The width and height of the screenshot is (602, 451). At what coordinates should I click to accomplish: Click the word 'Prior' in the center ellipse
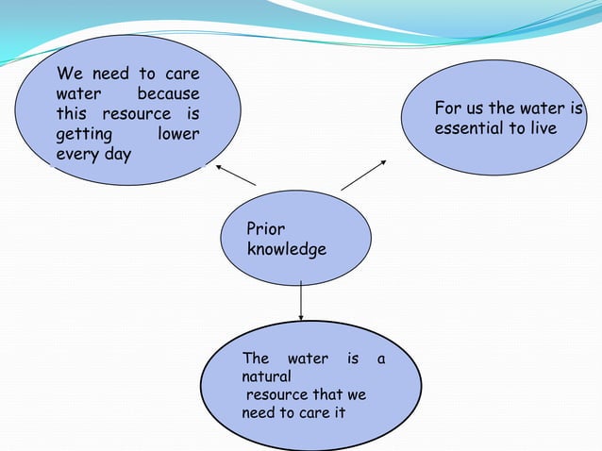click(265, 229)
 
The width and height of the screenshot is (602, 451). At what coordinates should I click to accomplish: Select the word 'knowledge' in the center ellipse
click(286, 250)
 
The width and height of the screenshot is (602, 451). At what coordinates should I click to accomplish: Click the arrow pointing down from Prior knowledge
click(301, 301)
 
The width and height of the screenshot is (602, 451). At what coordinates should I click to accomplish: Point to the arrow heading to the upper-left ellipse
click(236, 175)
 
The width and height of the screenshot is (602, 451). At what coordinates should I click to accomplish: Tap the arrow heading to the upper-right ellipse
click(364, 175)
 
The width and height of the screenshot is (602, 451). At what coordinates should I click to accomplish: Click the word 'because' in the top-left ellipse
click(168, 94)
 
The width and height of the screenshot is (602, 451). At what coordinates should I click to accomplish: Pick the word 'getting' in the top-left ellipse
click(84, 134)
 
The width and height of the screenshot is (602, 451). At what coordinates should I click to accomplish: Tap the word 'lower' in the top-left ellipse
click(178, 134)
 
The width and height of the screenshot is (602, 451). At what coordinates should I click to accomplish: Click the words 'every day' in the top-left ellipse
click(93, 155)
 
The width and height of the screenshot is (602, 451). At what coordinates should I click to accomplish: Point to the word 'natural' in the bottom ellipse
click(266, 377)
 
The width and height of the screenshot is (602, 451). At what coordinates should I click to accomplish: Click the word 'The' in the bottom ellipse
click(256, 359)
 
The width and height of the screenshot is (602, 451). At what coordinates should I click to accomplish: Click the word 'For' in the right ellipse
click(446, 109)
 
